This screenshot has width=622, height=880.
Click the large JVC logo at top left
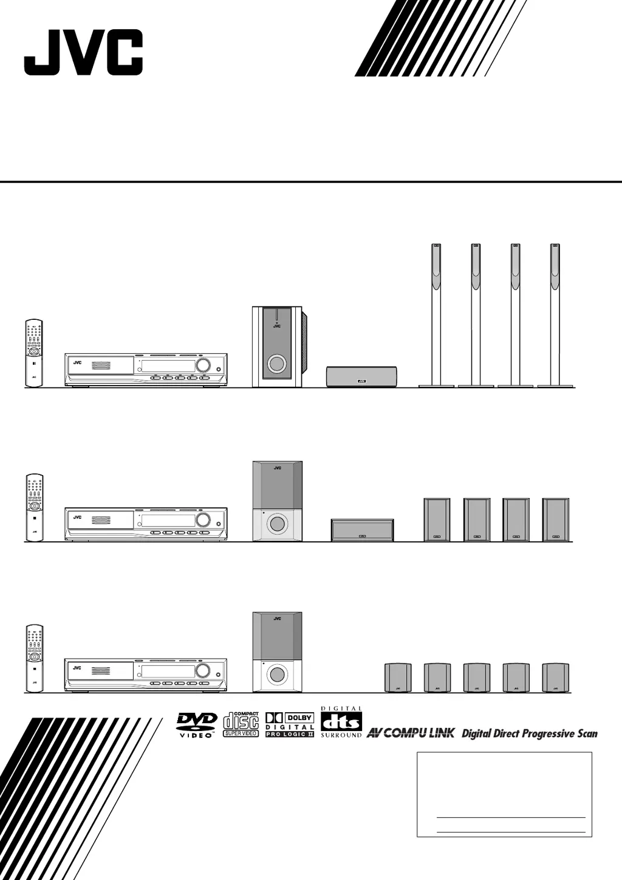pyautogui.click(x=83, y=53)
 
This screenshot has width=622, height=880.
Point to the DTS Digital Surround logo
pyautogui.click(x=341, y=722)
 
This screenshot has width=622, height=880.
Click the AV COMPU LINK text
pyautogui.click(x=410, y=733)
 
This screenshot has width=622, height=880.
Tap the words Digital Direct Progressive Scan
pyautogui.click(x=530, y=733)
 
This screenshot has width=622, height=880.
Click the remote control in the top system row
pyautogui.click(x=34, y=353)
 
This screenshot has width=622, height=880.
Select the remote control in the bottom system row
pyautogui.click(x=34, y=658)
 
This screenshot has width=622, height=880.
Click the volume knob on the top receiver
pyautogui.click(x=203, y=366)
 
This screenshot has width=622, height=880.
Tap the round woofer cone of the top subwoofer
pyautogui.click(x=276, y=364)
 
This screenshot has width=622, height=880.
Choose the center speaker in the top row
pyautogui.click(x=361, y=376)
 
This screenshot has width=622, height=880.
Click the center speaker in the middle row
pyautogui.click(x=362, y=530)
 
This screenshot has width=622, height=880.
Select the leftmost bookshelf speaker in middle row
pyautogui.click(x=437, y=519)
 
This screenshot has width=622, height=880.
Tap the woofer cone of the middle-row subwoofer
pyautogui.click(x=277, y=523)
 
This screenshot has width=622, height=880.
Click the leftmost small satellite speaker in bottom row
pyautogui.click(x=398, y=677)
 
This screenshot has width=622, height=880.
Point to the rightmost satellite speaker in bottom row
pyautogui.click(x=555, y=677)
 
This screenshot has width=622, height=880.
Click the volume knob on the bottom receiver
pyautogui.click(x=203, y=671)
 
